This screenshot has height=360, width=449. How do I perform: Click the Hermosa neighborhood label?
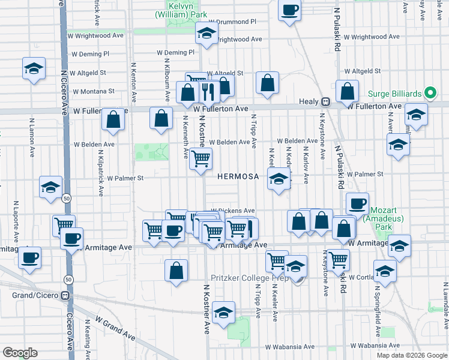(238, 176)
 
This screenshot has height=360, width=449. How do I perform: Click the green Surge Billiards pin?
(430, 93)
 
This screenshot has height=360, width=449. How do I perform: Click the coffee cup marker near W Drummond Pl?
(290, 10)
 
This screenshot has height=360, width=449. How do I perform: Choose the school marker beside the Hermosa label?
(278, 178)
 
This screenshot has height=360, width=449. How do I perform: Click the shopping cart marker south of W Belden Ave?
(201, 158)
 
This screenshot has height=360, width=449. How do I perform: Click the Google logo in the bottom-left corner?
(20, 352)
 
